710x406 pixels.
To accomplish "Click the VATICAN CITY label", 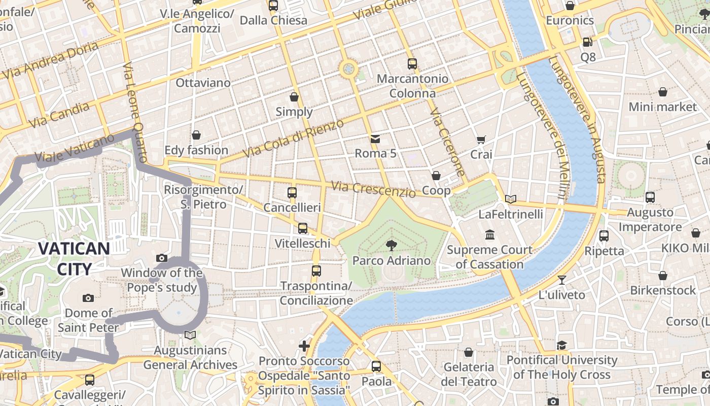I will coord(74,259).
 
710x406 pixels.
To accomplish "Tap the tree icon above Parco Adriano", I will coord(391,246).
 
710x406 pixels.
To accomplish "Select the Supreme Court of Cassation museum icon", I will coord(490,235).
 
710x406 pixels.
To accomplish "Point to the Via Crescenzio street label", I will coord(373,189).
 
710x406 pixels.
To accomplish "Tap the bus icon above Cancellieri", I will coord(292,193).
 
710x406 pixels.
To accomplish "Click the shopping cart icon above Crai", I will coord(481,140).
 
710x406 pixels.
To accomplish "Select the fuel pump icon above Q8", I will coord(587,43).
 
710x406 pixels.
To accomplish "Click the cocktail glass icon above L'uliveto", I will coord(561,280).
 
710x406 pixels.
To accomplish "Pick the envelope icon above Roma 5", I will coord(375,139).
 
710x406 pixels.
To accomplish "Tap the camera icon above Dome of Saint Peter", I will coord(88,298).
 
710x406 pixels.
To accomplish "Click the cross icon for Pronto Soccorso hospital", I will coord(304,347).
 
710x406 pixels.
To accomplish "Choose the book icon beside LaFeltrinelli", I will coord(511,199).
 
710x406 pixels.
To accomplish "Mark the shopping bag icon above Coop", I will coord(436,176).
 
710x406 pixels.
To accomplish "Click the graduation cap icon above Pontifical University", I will coord(561,346).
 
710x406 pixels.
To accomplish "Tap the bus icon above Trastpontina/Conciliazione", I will coord(316,271).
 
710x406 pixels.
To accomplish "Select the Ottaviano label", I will coord(203,83).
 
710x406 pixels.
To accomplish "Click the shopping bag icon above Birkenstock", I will coord(662,276).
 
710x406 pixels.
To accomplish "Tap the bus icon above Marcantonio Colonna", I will coord(412,64).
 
